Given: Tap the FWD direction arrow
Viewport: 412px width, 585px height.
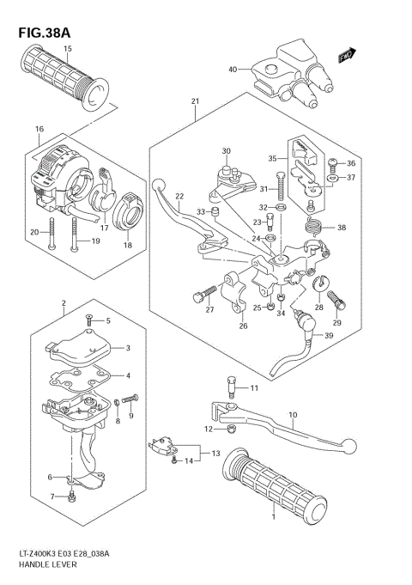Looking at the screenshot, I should click(x=346, y=56).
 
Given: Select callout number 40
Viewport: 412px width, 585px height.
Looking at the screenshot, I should click(x=232, y=70).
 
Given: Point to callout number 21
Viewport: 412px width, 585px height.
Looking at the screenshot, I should click(x=195, y=102).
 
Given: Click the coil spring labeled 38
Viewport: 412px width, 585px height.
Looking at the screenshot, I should click(x=314, y=228).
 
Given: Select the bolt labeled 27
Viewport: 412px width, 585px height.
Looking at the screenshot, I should click(x=202, y=297).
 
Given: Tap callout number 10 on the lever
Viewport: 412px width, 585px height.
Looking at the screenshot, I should click(x=292, y=415).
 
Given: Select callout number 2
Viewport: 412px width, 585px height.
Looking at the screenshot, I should click(x=64, y=303).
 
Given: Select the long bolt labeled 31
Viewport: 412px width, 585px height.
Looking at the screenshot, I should click(x=266, y=190).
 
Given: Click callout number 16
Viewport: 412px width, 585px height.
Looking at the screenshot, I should click(x=39, y=130).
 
